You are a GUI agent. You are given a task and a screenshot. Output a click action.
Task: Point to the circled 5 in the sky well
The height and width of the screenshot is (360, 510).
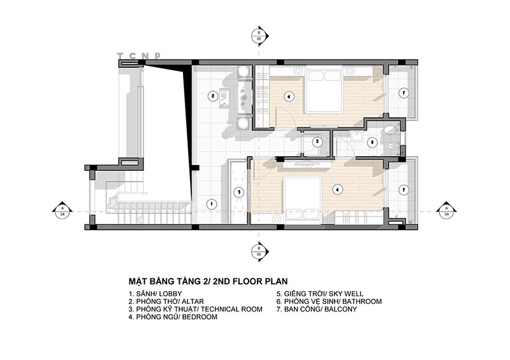point(237,191)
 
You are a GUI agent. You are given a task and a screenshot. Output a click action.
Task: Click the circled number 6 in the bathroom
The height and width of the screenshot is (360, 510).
point(372,141)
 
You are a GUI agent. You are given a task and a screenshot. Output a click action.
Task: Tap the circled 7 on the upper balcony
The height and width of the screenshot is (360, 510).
point(403,93)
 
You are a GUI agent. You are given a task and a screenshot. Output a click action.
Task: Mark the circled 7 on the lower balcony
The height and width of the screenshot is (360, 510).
point(403,189)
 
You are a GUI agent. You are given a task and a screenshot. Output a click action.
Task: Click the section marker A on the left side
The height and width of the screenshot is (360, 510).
point(62,210)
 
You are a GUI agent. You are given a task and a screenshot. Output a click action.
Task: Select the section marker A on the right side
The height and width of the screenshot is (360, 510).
point(446,210)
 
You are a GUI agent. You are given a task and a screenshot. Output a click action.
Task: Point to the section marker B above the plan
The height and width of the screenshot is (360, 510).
point(259,35)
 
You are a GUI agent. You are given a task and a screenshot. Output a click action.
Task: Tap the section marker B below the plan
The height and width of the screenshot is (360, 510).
point(259,250)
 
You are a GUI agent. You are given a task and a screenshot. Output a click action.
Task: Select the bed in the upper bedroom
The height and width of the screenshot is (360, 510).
point(323,90)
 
